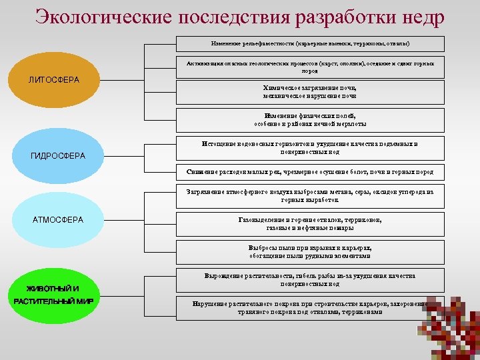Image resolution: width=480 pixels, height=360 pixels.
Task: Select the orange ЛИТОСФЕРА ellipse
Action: pyautogui.click(x=54, y=81)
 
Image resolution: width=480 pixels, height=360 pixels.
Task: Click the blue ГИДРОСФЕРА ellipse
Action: pyautogui.click(x=58, y=156)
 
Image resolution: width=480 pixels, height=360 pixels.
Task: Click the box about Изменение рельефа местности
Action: pyautogui.click(x=311, y=43)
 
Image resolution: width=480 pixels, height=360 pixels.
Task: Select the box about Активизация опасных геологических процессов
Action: pyautogui.click(x=311, y=67)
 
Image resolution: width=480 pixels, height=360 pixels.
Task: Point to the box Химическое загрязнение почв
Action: pyautogui.click(x=311, y=92)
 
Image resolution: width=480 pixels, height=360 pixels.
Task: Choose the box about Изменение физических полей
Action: pyautogui.click(x=311, y=120)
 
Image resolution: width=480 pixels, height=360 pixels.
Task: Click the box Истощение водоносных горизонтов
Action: pyautogui.click(x=311, y=148)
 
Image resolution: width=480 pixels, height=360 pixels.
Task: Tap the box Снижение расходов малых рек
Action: pyautogui.click(x=311, y=172)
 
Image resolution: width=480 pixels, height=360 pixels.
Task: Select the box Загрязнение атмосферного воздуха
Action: pyautogui.click(x=311, y=196)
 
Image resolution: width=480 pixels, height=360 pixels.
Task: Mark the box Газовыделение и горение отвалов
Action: pyautogui.click(x=311, y=224)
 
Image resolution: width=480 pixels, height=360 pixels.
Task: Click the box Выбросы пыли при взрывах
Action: pyautogui.click(x=311, y=252)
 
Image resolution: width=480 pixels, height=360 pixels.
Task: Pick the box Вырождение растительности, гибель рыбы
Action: pyautogui.click(x=311, y=280)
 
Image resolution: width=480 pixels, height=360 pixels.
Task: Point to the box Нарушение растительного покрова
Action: pyautogui.click(x=311, y=307)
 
